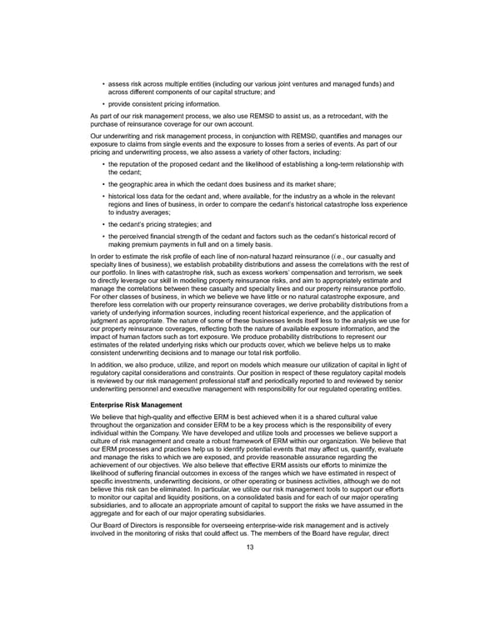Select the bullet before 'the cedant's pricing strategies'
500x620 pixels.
pyautogui.click(x=102, y=224)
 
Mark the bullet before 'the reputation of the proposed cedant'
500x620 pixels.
pyautogui.click(x=102, y=163)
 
